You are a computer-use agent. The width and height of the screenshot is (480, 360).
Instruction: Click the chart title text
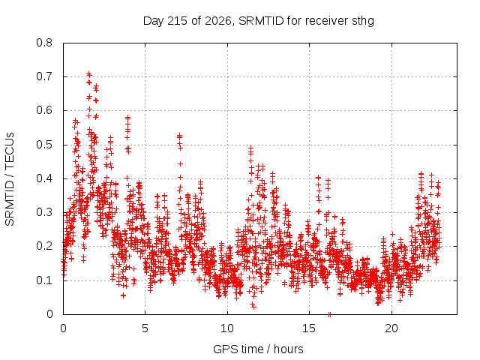click(x=259, y=21)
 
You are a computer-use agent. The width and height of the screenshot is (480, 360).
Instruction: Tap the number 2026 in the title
click(x=218, y=21)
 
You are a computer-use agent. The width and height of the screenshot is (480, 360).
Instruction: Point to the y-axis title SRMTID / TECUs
click(x=10, y=179)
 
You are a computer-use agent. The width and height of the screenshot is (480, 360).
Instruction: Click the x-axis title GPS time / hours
click(x=258, y=349)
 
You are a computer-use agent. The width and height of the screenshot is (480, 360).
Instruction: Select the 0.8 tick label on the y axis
click(x=44, y=43)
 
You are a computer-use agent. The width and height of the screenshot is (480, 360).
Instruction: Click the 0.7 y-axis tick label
click(x=44, y=76)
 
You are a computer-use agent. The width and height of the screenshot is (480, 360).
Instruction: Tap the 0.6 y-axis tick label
click(x=44, y=110)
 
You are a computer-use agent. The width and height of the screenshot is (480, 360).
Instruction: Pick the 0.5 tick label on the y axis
click(x=44, y=145)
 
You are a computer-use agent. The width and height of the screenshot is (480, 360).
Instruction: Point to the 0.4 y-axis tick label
click(x=44, y=178)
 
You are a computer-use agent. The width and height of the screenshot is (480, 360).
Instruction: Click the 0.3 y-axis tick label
click(x=44, y=212)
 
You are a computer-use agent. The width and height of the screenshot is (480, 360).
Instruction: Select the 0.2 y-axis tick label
click(x=44, y=247)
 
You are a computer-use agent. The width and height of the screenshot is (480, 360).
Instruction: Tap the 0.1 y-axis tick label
click(x=44, y=280)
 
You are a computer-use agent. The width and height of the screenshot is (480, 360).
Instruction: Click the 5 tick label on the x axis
click(x=145, y=328)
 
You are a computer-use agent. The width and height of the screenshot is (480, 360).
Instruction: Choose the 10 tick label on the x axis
click(x=227, y=328)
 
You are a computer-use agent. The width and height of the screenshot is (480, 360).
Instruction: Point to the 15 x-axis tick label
click(x=309, y=328)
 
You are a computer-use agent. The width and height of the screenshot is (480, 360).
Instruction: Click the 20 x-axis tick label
click(x=391, y=328)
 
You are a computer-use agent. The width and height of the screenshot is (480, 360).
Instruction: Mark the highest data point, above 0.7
click(x=89, y=73)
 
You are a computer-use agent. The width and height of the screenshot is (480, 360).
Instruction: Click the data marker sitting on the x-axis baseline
click(x=329, y=314)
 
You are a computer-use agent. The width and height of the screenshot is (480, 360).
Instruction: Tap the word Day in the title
click(x=154, y=22)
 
